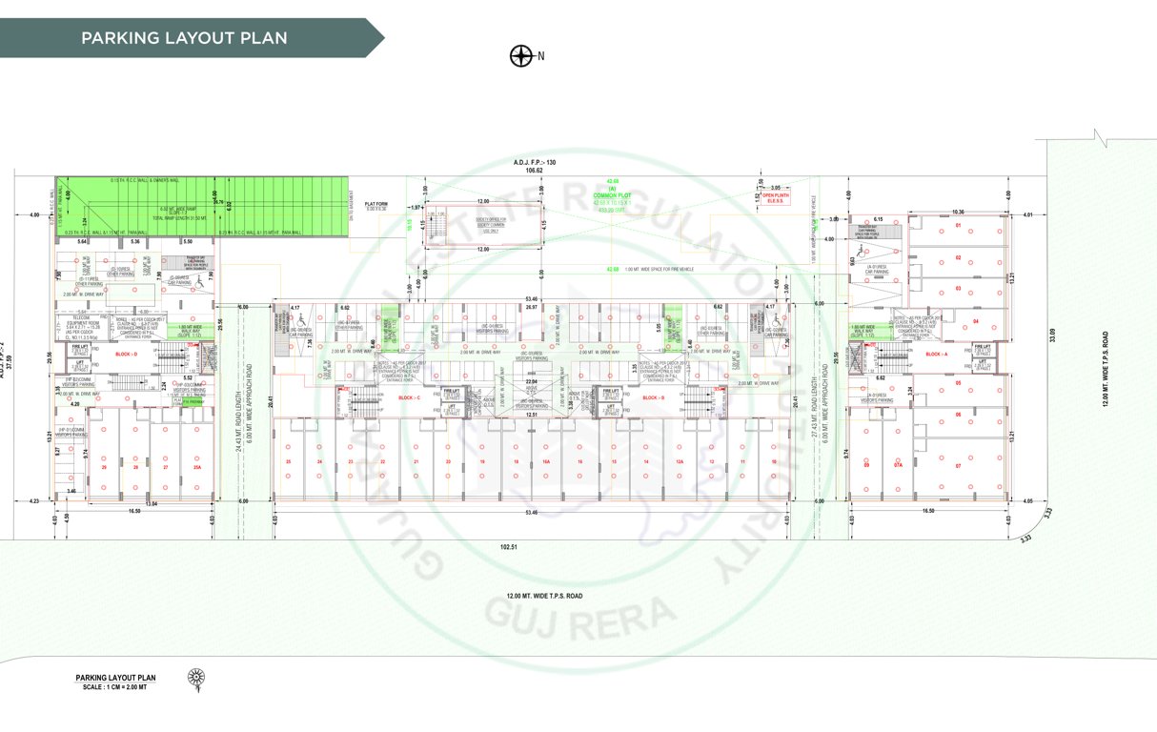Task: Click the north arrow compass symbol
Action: coord(521,55)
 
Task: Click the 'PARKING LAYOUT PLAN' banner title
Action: coord(184,38)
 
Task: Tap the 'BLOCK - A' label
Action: coord(937,354)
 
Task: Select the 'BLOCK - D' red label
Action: coord(126,355)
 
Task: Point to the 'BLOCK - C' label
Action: coord(410,397)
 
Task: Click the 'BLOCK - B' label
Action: coord(654,397)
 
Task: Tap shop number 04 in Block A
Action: coord(976,321)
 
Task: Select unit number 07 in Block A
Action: coord(958,466)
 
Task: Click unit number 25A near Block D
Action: coord(195,467)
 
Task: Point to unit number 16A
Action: coord(546,461)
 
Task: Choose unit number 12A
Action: coord(679,461)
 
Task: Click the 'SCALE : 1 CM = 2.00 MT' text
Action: coord(114,686)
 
